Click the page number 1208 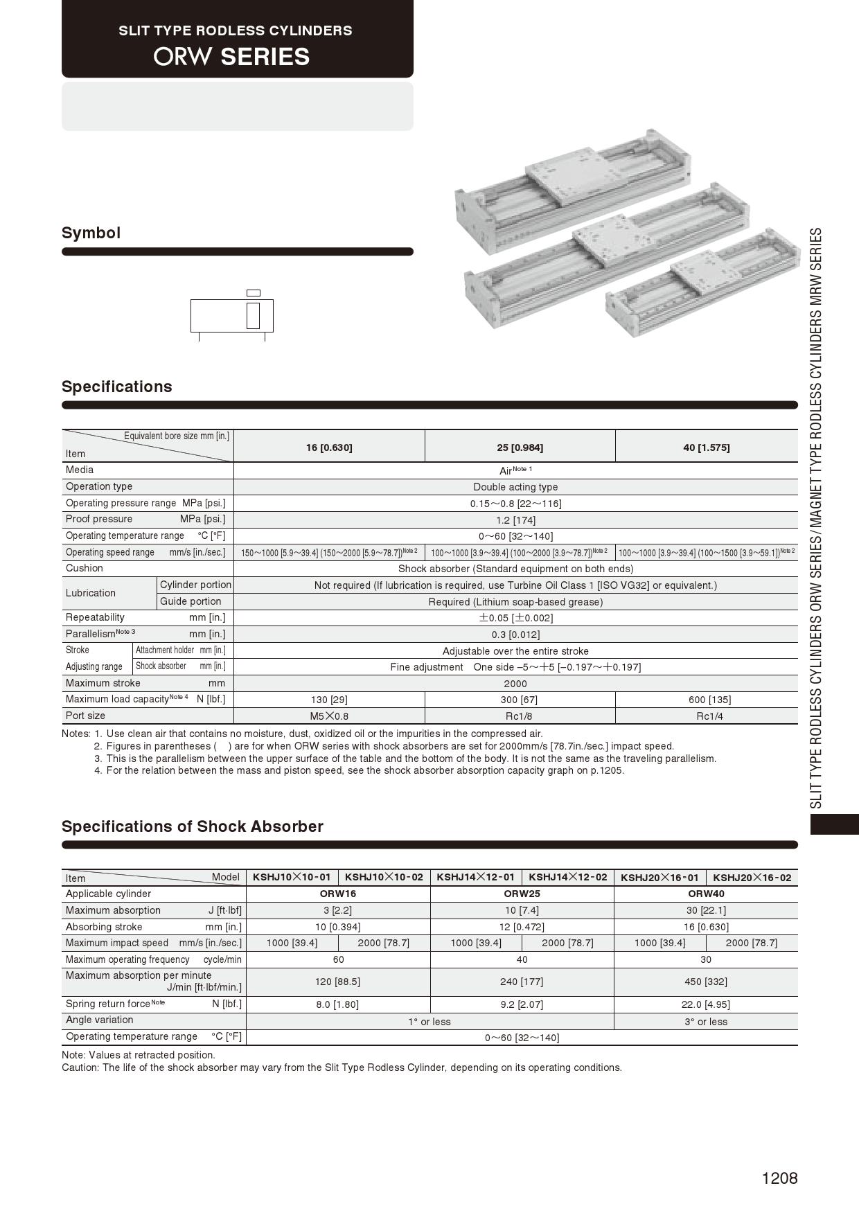tap(779, 1178)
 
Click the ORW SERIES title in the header tap(231, 56)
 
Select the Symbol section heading tap(91, 233)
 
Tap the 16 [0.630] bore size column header tap(329, 447)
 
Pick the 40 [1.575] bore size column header tap(706, 447)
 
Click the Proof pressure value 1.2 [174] tap(515, 520)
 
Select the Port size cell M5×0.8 tap(329, 716)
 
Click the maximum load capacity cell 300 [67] tap(519, 700)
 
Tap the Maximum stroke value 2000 tap(515, 684)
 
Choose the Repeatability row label tap(95, 617)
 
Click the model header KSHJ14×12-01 tap(475, 877)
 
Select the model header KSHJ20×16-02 tap(752, 878)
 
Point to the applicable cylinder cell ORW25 tap(522, 894)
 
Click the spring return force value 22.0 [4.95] tap(705, 1004)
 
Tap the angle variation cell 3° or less tap(705, 1022)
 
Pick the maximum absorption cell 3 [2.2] tap(337, 910)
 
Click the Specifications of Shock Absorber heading tap(193, 826)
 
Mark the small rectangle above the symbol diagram tap(254, 293)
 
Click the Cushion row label tap(85, 568)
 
